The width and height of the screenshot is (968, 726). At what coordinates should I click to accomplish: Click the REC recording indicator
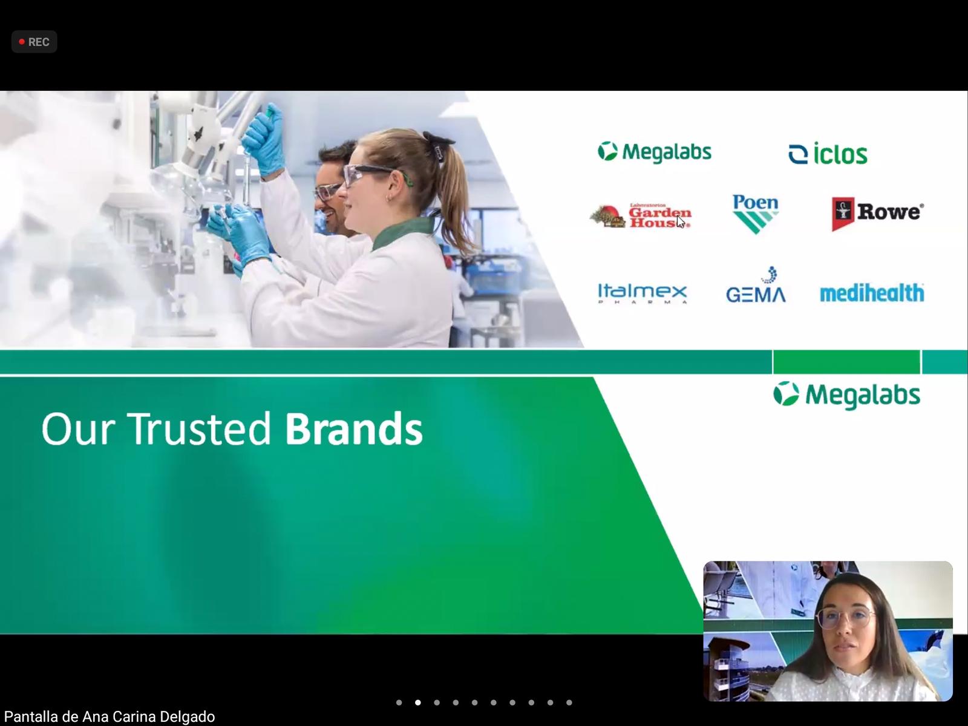pos(34,42)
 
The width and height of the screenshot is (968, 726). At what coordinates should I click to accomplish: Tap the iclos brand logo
pos(828,154)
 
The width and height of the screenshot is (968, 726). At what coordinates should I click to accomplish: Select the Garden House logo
pos(640,215)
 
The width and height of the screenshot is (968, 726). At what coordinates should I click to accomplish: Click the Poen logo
pos(756,214)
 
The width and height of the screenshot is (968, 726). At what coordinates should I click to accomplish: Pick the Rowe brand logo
pos(878,214)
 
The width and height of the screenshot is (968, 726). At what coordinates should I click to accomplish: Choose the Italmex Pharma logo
pos(642,293)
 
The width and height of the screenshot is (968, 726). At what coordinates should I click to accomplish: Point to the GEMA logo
pos(756,285)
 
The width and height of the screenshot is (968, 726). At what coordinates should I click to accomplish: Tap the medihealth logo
pos(872,293)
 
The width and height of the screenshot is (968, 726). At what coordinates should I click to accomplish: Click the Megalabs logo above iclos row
pos(655,152)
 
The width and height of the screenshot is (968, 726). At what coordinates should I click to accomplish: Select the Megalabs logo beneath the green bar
pos(847,395)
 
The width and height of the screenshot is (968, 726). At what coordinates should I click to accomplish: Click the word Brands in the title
pos(354,429)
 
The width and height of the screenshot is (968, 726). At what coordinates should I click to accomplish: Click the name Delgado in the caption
pos(187,716)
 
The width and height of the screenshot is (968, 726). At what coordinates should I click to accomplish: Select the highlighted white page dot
pos(417,702)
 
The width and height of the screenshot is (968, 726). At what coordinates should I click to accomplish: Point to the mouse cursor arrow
pos(681,221)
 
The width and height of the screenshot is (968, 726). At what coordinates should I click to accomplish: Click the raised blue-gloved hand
pos(263,139)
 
